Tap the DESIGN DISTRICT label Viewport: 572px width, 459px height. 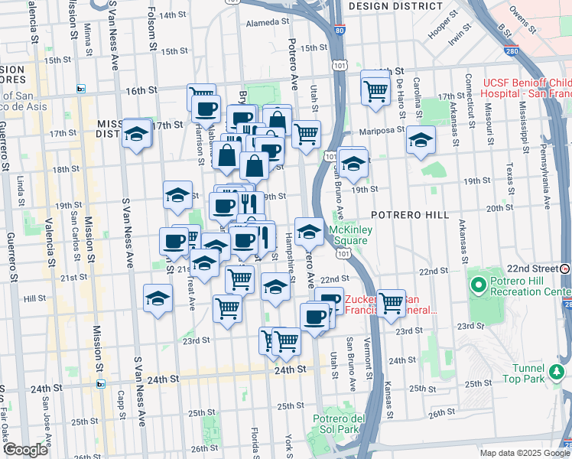point(395,6)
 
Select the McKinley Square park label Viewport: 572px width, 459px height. point(349,235)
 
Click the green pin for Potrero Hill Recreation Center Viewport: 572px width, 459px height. point(478,286)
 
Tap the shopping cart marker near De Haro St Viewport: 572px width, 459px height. point(375,90)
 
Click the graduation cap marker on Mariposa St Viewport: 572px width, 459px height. point(420,139)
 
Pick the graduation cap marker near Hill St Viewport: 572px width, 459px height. point(158,297)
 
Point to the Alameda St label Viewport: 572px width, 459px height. point(265,23)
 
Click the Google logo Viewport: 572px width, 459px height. point(25,450)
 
